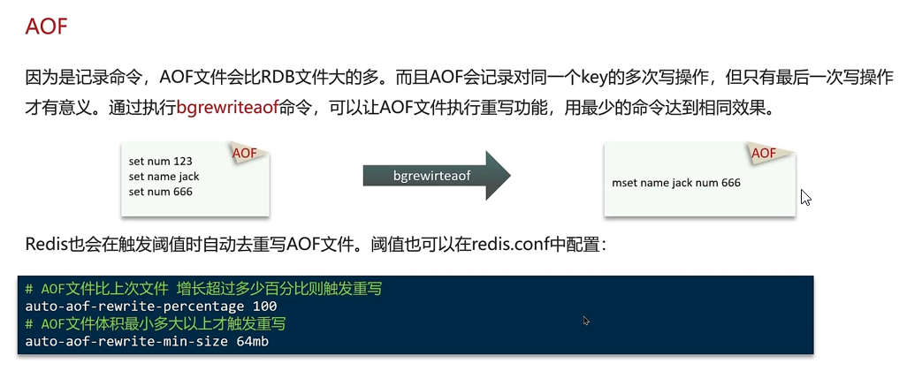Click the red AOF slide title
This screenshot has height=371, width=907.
click(47, 26)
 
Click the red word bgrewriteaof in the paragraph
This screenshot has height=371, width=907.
click(227, 108)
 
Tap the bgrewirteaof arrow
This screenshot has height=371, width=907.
click(437, 176)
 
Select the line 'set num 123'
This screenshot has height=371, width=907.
click(160, 162)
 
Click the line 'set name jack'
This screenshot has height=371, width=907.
click(164, 177)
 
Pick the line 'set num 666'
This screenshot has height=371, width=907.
click(160, 192)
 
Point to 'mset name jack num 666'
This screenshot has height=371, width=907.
click(675, 183)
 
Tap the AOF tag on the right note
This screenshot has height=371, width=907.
click(763, 153)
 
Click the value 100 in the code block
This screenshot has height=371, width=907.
click(265, 307)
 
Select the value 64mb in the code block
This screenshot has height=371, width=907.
click(253, 342)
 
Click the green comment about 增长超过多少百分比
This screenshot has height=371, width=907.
click(203, 288)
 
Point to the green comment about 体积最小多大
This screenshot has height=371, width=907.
click(156, 323)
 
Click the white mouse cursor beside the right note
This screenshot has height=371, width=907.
click(805, 198)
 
